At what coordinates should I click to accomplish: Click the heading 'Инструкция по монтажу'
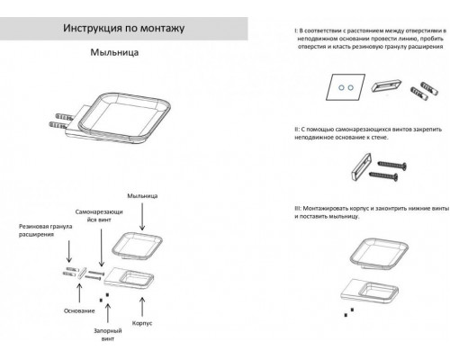point(125,29)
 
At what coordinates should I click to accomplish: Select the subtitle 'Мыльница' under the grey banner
point(114,53)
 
